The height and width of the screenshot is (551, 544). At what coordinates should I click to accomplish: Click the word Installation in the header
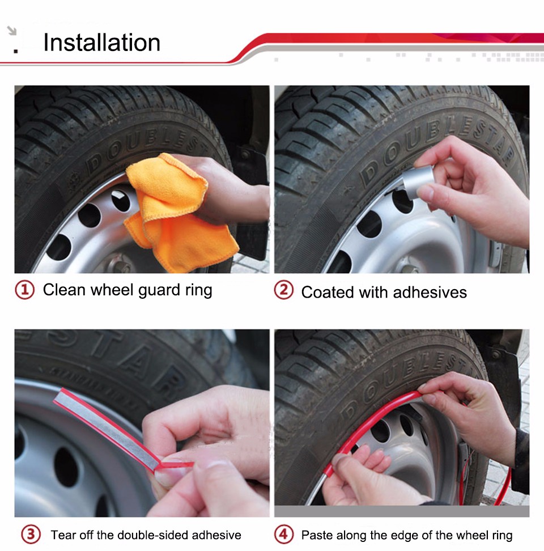tap(102, 43)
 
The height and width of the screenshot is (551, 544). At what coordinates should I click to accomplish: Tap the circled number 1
tap(24, 290)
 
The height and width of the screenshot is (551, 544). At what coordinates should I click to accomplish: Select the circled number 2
tap(283, 290)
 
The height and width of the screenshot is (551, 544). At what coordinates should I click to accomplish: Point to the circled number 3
tap(31, 535)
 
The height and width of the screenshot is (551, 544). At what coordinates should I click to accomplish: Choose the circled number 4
tap(283, 535)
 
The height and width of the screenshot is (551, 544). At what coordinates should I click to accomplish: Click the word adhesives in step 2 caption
tap(430, 293)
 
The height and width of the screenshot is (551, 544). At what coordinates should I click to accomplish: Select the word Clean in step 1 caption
tap(64, 290)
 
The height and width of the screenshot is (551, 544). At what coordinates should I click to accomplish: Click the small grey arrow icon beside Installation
tap(12, 31)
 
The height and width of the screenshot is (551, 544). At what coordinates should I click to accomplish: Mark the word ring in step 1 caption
tap(198, 291)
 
